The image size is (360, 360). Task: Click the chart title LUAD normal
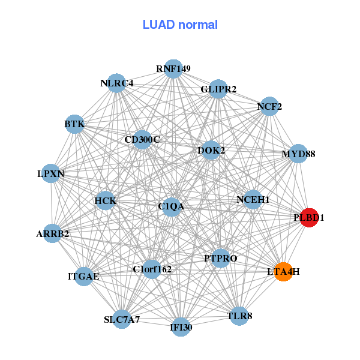[x=180, y=25]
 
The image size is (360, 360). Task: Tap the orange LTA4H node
[x=283, y=271]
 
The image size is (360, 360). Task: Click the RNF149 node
[x=173, y=68]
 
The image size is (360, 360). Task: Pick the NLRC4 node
[x=117, y=83]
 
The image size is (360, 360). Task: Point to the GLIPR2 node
[x=218, y=89]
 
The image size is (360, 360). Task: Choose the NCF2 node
[x=269, y=107]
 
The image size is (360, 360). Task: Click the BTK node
[x=74, y=124]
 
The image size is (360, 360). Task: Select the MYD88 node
[x=298, y=154]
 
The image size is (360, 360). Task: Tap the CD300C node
[x=142, y=140]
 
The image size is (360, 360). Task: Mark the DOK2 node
[x=211, y=150]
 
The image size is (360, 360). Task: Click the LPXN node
[x=51, y=173]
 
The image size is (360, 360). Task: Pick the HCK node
[x=106, y=200]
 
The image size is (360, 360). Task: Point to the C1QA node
[x=171, y=206]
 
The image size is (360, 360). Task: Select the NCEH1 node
[x=253, y=199]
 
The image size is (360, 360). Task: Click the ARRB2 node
[x=52, y=233]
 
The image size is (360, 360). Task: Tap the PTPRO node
[x=221, y=258]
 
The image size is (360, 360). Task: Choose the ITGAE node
[x=84, y=276]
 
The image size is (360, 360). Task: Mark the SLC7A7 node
[x=122, y=319]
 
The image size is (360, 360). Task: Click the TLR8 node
[x=239, y=316]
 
